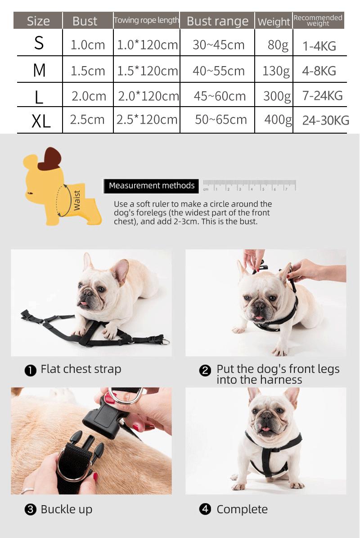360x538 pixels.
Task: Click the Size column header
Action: (38, 21)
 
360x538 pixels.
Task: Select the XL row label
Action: (41, 121)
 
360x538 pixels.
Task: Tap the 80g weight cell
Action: (278, 45)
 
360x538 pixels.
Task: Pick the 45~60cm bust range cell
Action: (220, 96)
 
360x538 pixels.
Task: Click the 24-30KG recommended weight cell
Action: (325, 120)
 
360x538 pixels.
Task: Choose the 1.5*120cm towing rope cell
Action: (148, 71)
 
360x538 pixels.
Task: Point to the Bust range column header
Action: (217, 21)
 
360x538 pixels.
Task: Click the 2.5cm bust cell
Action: (87, 120)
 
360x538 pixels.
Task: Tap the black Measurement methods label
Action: (152, 185)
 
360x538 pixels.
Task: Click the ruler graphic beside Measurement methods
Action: (249, 185)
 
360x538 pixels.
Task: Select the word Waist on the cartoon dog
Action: (77, 200)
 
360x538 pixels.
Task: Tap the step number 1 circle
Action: (30, 371)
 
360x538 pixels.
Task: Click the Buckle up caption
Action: (66, 509)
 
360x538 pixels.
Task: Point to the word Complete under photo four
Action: (242, 509)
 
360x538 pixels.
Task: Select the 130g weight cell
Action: (276, 71)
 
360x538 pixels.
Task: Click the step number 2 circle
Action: (205, 371)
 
